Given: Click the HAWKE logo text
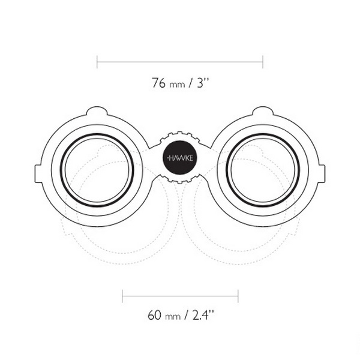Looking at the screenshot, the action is (x=180, y=158).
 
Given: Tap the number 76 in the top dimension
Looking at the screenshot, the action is (x=158, y=83).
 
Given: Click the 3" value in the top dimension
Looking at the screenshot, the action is (x=203, y=83).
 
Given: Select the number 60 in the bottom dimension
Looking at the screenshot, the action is (x=154, y=315).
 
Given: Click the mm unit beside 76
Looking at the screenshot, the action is (x=177, y=85).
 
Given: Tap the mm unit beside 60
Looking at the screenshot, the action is (x=173, y=317).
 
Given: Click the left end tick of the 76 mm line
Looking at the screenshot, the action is (x=97, y=62).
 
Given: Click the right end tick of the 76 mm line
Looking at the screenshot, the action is (x=263, y=62).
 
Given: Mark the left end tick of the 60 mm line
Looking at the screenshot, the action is (x=122, y=296).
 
